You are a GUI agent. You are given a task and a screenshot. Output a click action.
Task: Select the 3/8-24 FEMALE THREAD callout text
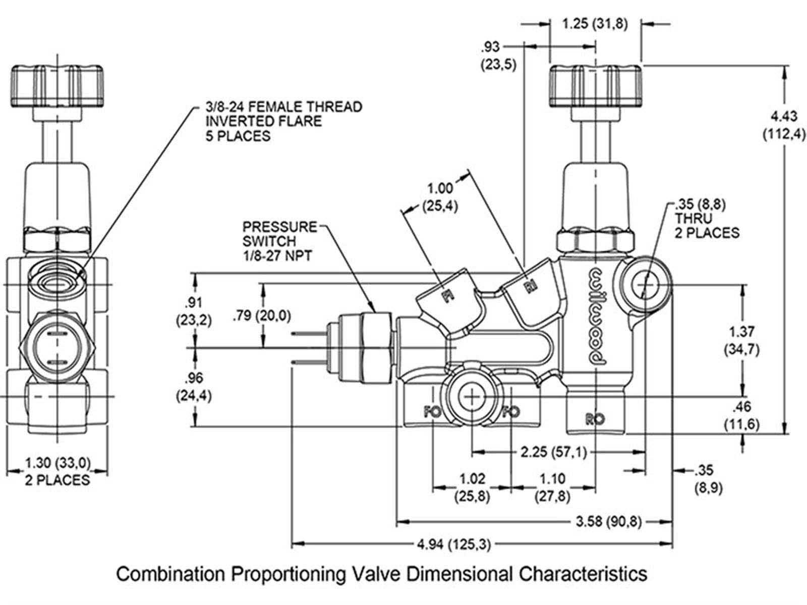[283, 122]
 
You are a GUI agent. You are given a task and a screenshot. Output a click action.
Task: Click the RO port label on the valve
[595, 418]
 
